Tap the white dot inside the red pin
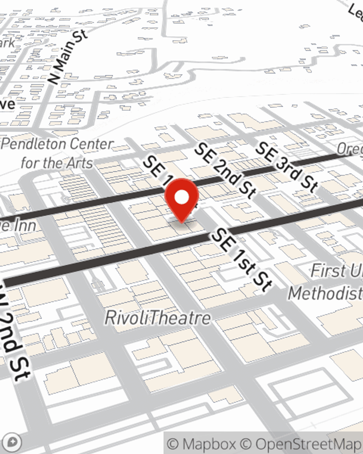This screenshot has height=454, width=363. (x=182, y=198)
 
